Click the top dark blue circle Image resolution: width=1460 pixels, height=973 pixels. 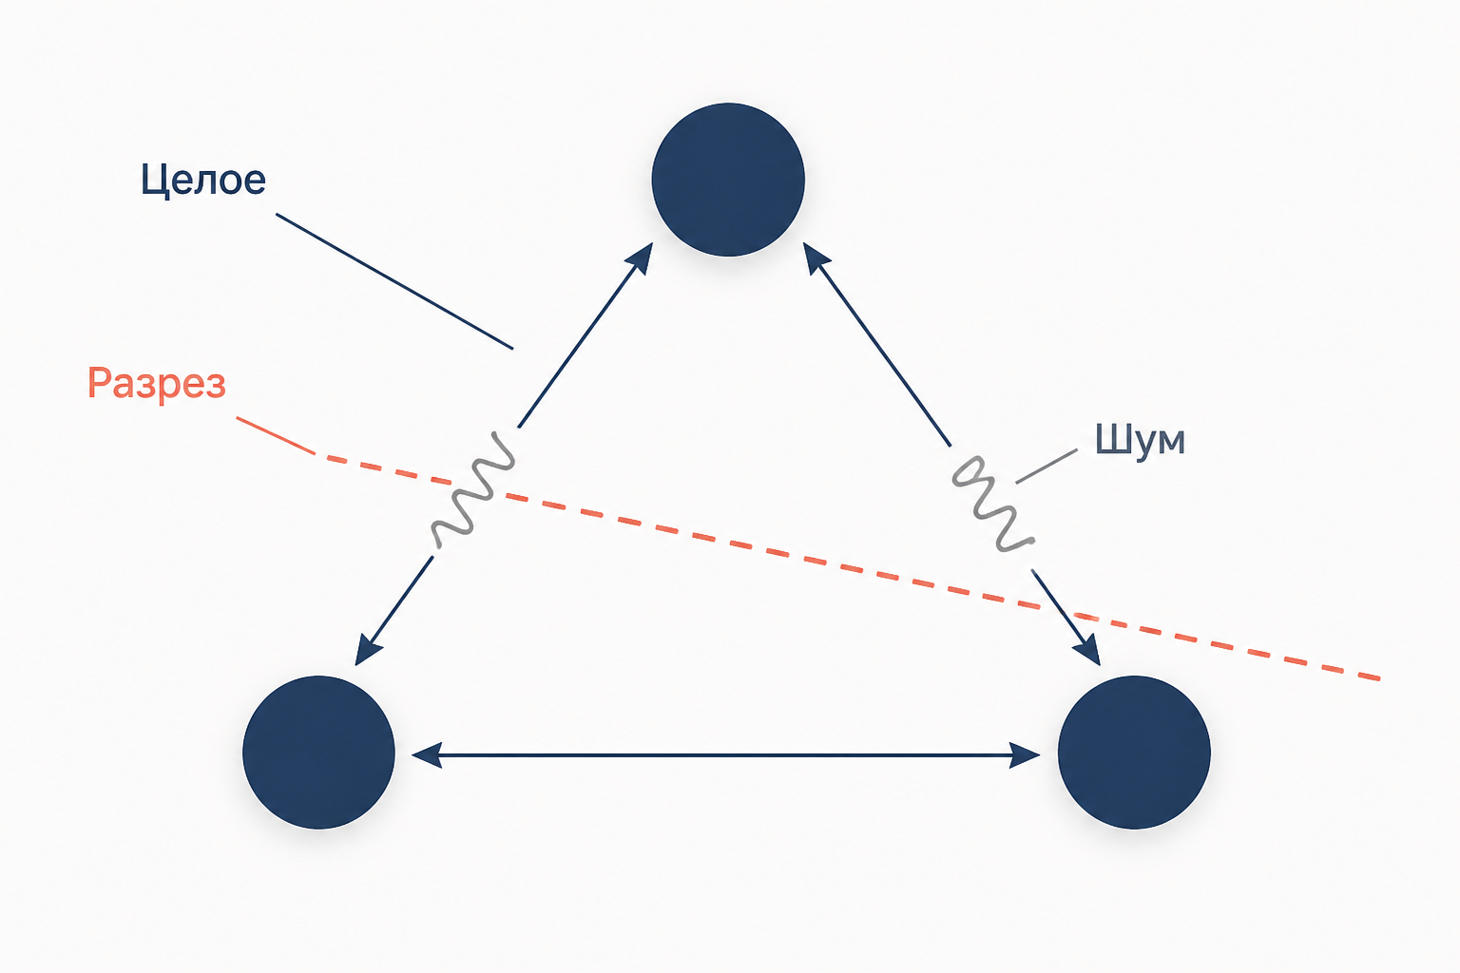[x=728, y=180]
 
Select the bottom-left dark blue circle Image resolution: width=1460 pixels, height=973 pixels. [x=318, y=752]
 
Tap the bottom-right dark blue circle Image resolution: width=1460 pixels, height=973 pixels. [x=1134, y=752]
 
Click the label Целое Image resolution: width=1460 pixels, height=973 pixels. [x=203, y=180]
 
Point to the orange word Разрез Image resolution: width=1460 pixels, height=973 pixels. [x=157, y=383]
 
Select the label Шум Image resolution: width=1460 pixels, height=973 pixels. [x=1140, y=440]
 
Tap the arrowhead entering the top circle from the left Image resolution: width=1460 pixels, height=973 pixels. [x=641, y=257]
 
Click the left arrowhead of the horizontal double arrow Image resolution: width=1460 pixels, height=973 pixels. [x=427, y=755]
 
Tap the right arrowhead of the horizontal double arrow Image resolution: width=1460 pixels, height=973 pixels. [x=1024, y=755]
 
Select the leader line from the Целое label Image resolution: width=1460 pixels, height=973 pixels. [x=394, y=281]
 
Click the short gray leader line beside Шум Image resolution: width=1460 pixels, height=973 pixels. [x=1047, y=466]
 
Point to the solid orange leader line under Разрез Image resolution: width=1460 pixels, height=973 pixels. [x=276, y=435]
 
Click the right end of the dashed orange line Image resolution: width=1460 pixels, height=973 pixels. [x=1380, y=679]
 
